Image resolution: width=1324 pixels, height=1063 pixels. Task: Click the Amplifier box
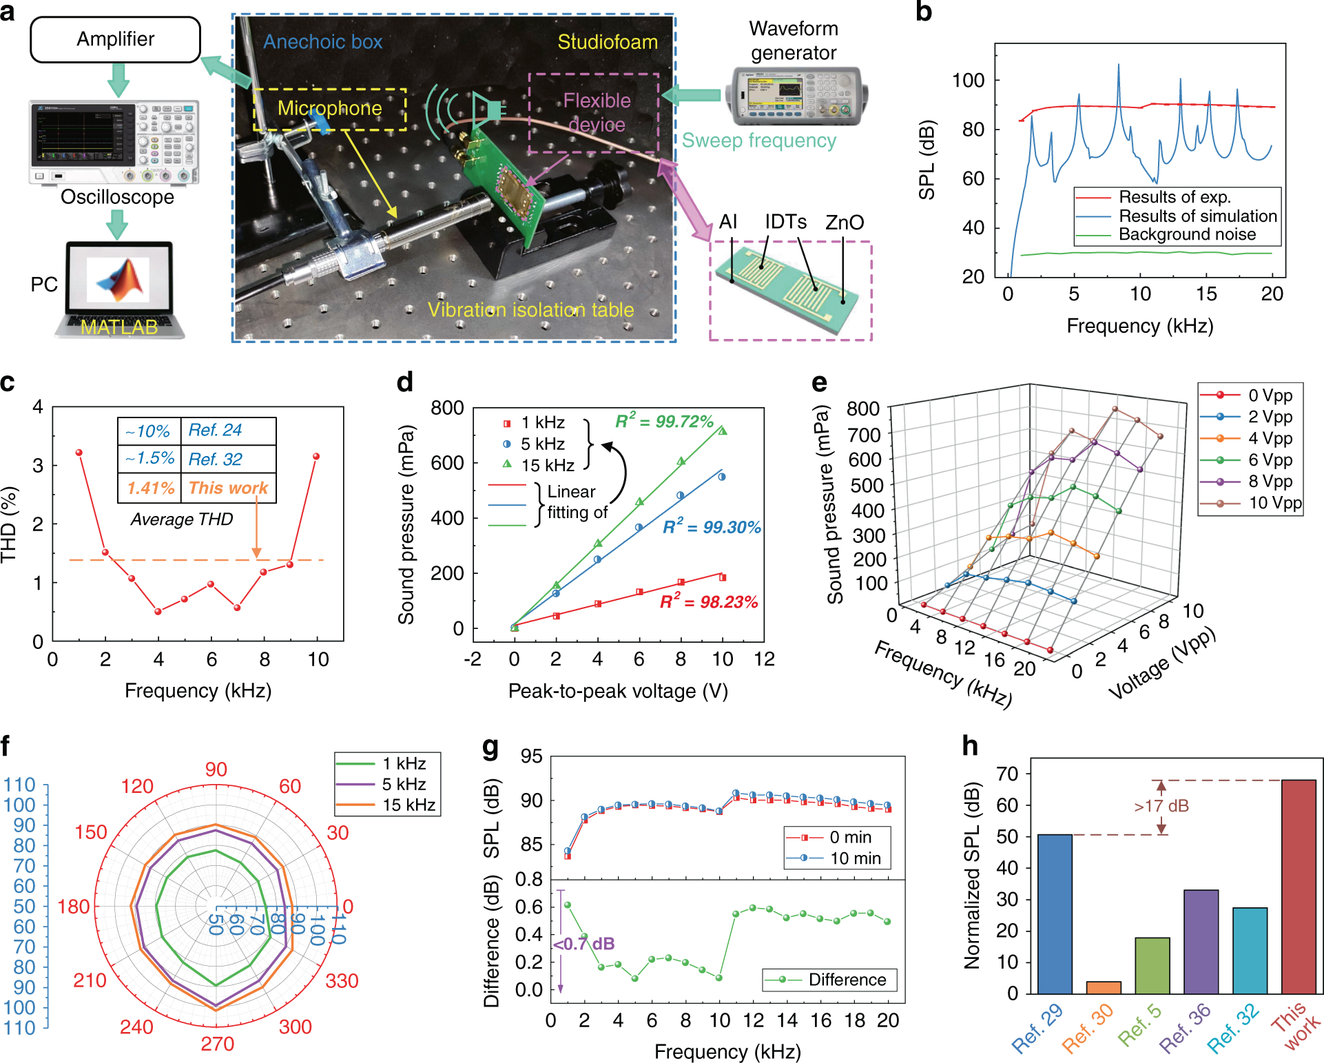tap(115, 39)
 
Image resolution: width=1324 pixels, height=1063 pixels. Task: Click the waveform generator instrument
tap(796, 96)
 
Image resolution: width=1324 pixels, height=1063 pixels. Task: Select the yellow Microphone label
tap(329, 108)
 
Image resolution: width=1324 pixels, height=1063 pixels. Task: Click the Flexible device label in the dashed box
tap(596, 112)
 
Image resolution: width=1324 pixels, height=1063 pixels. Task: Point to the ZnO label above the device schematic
tap(844, 223)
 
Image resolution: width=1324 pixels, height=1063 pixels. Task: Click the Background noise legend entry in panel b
tap(1186, 234)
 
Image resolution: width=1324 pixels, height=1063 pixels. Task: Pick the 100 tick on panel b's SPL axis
tap(968, 81)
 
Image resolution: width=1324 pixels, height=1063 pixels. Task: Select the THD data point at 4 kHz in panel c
tap(158, 611)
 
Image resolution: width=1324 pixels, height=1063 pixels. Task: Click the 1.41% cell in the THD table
tap(150, 488)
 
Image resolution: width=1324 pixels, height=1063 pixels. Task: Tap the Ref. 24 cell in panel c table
tap(215, 430)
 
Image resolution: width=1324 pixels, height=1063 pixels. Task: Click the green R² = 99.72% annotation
tap(664, 421)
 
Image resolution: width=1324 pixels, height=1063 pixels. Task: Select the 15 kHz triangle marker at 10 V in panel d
tap(723, 431)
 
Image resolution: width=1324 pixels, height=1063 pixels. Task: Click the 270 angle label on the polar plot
tap(217, 1044)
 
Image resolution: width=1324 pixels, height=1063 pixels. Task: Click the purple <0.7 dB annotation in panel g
tap(584, 944)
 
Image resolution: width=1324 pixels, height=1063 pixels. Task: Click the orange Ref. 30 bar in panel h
tap(1104, 987)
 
